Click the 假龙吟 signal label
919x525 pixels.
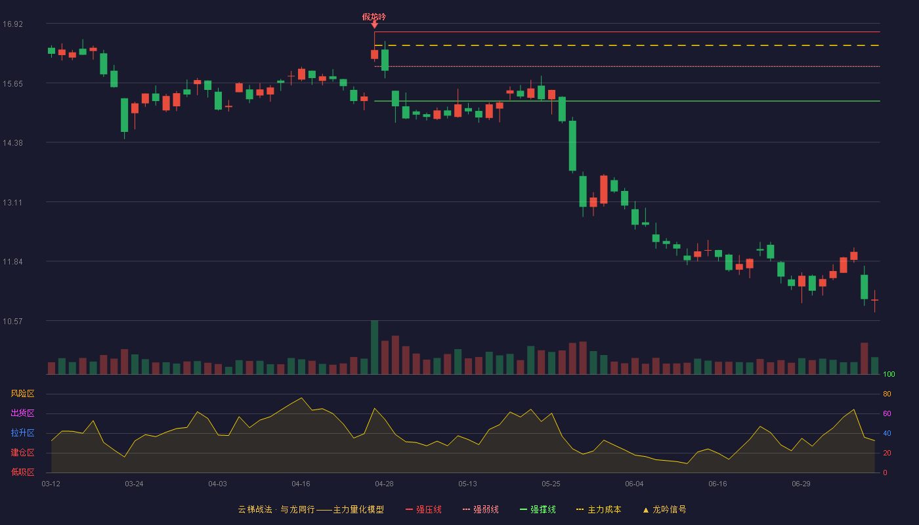[374, 17]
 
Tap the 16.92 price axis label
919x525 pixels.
[12, 24]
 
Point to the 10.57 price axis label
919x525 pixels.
[12, 321]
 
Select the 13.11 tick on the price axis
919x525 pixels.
[12, 203]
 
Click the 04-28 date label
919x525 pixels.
[384, 484]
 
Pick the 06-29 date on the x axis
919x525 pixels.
[801, 484]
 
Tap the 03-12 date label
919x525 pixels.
[51, 484]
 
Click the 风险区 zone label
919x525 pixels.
[22, 394]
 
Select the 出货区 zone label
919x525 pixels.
[22, 413]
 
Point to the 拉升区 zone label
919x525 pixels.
[22, 432]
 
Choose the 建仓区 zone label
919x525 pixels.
[22, 452]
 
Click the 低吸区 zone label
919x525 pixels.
[22, 472]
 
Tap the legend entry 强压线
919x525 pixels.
[423, 509]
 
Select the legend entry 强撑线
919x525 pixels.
[538, 509]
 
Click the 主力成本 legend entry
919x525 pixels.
[599, 509]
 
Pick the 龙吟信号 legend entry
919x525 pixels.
[664, 509]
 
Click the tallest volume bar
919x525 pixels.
[374, 347]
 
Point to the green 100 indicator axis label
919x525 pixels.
[889, 374]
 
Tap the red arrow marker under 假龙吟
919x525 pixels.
[374, 25]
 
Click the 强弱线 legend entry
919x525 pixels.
[481, 509]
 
